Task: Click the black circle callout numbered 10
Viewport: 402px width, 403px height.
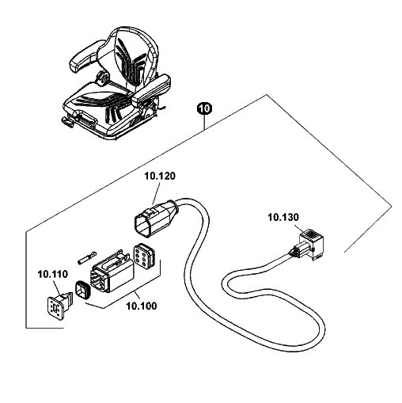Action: [205, 108]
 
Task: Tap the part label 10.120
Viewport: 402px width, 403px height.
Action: [160, 176]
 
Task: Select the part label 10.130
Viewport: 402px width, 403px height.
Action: [283, 218]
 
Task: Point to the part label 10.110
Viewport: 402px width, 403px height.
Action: [53, 274]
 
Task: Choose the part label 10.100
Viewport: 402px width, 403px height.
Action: [142, 306]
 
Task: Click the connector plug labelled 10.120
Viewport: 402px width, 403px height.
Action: [157, 218]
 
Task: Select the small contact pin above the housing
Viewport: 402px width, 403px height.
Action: [87, 257]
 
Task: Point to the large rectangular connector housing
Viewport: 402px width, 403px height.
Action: [112, 272]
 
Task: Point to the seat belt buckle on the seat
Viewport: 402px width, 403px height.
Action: [104, 78]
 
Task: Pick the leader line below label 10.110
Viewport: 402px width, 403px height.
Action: [55, 288]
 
